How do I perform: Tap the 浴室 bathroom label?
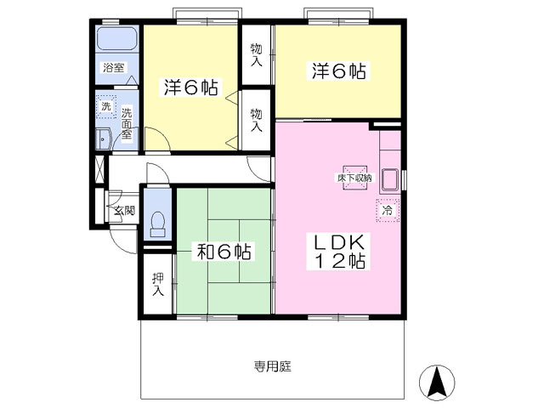[x=113, y=66]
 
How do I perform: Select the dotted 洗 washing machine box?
[x=105, y=107]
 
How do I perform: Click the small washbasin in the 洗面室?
[x=103, y=140]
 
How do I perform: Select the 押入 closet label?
[x=157, y=284]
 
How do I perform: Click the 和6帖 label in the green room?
[x=224, y=252]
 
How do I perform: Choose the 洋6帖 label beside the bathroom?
[x=190, y=86]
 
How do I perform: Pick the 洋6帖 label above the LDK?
[x=337, y=72]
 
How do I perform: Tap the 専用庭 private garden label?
[x=272, y=367]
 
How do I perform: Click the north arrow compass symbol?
[x=438, y=382]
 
